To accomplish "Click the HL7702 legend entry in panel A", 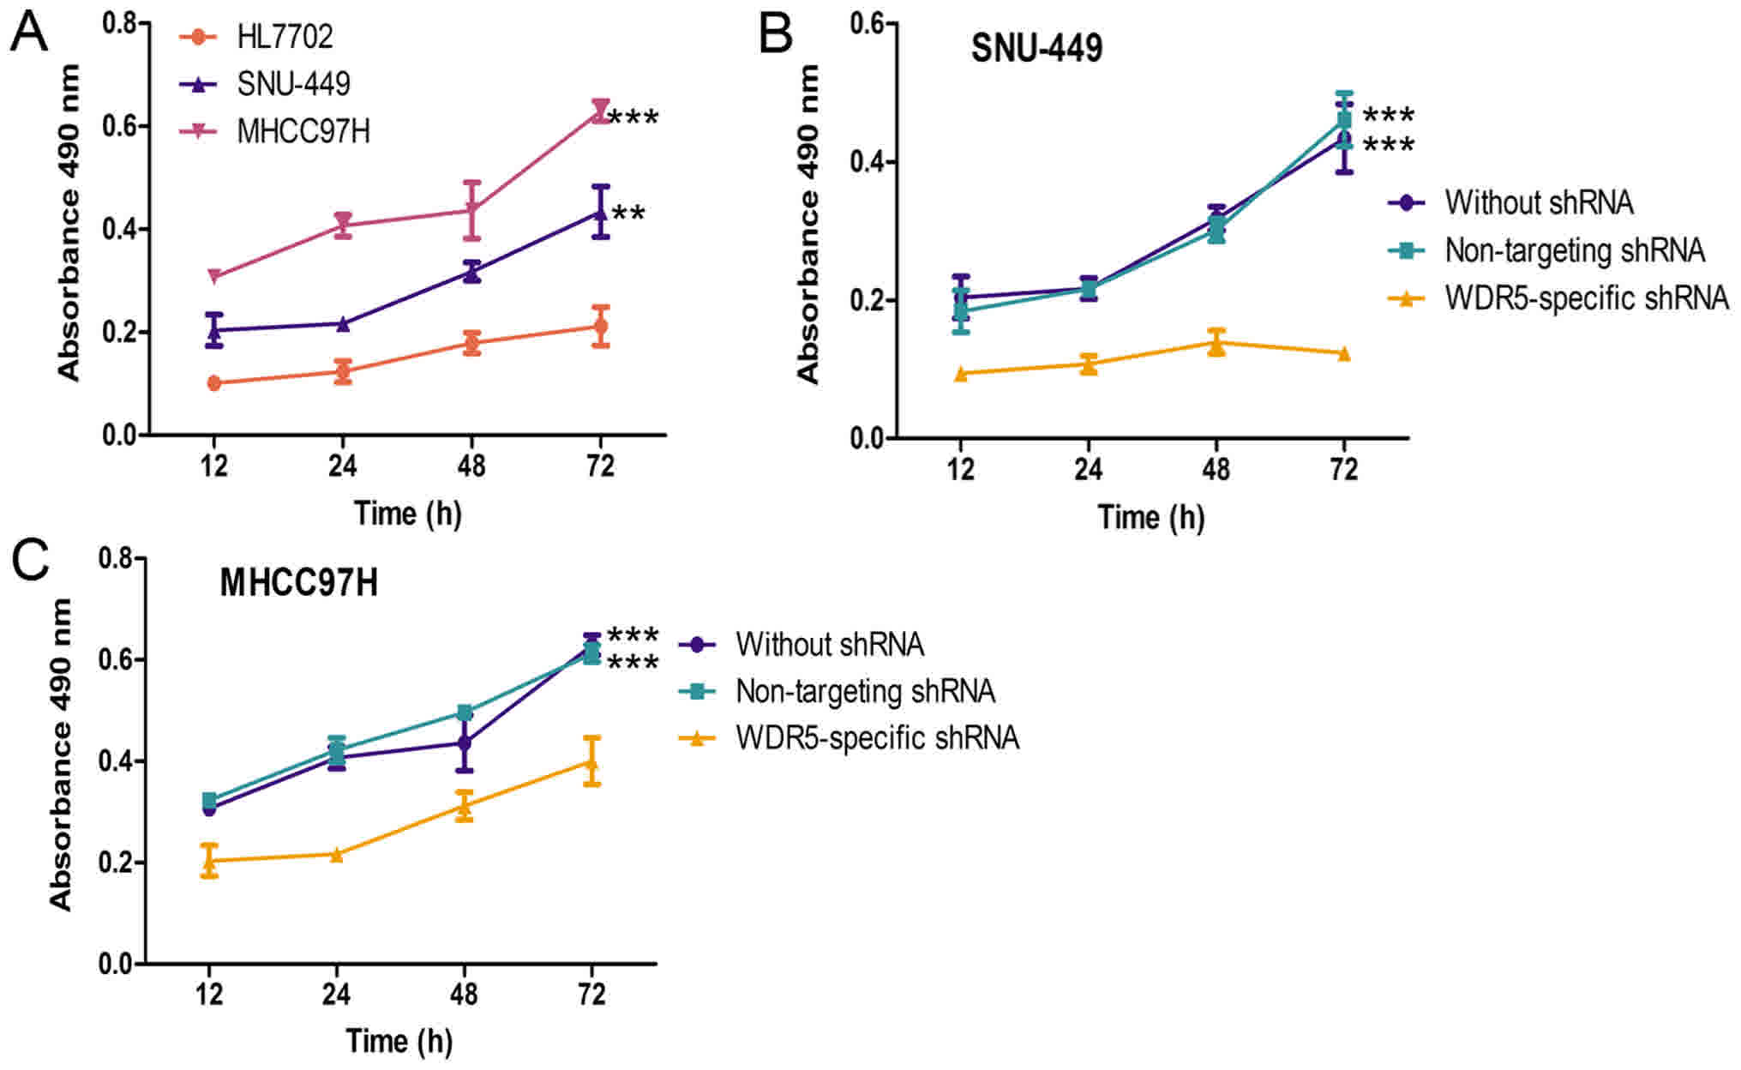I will click(285, 37).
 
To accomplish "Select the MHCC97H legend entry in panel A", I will click(303, 132).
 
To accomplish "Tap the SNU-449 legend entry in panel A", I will click(293, 84).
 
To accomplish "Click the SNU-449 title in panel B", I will click(1036, 48).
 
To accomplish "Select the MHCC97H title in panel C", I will click(298, 583).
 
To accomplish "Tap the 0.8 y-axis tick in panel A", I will click(120, 23).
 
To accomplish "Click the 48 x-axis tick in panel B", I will click(1216, 469).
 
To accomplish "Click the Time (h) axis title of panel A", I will click(408, 514).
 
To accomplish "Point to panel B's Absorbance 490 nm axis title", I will click(807, 223).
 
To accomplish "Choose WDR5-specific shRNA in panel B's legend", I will click(1586, 298).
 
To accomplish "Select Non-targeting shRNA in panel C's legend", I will click(865, 691).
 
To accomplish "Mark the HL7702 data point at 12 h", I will click(214, 382).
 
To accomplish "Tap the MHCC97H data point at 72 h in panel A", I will click(600, 110).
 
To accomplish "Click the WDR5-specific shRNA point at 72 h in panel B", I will click(1343, 354).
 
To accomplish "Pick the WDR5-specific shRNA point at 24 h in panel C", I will click(336, 854).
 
